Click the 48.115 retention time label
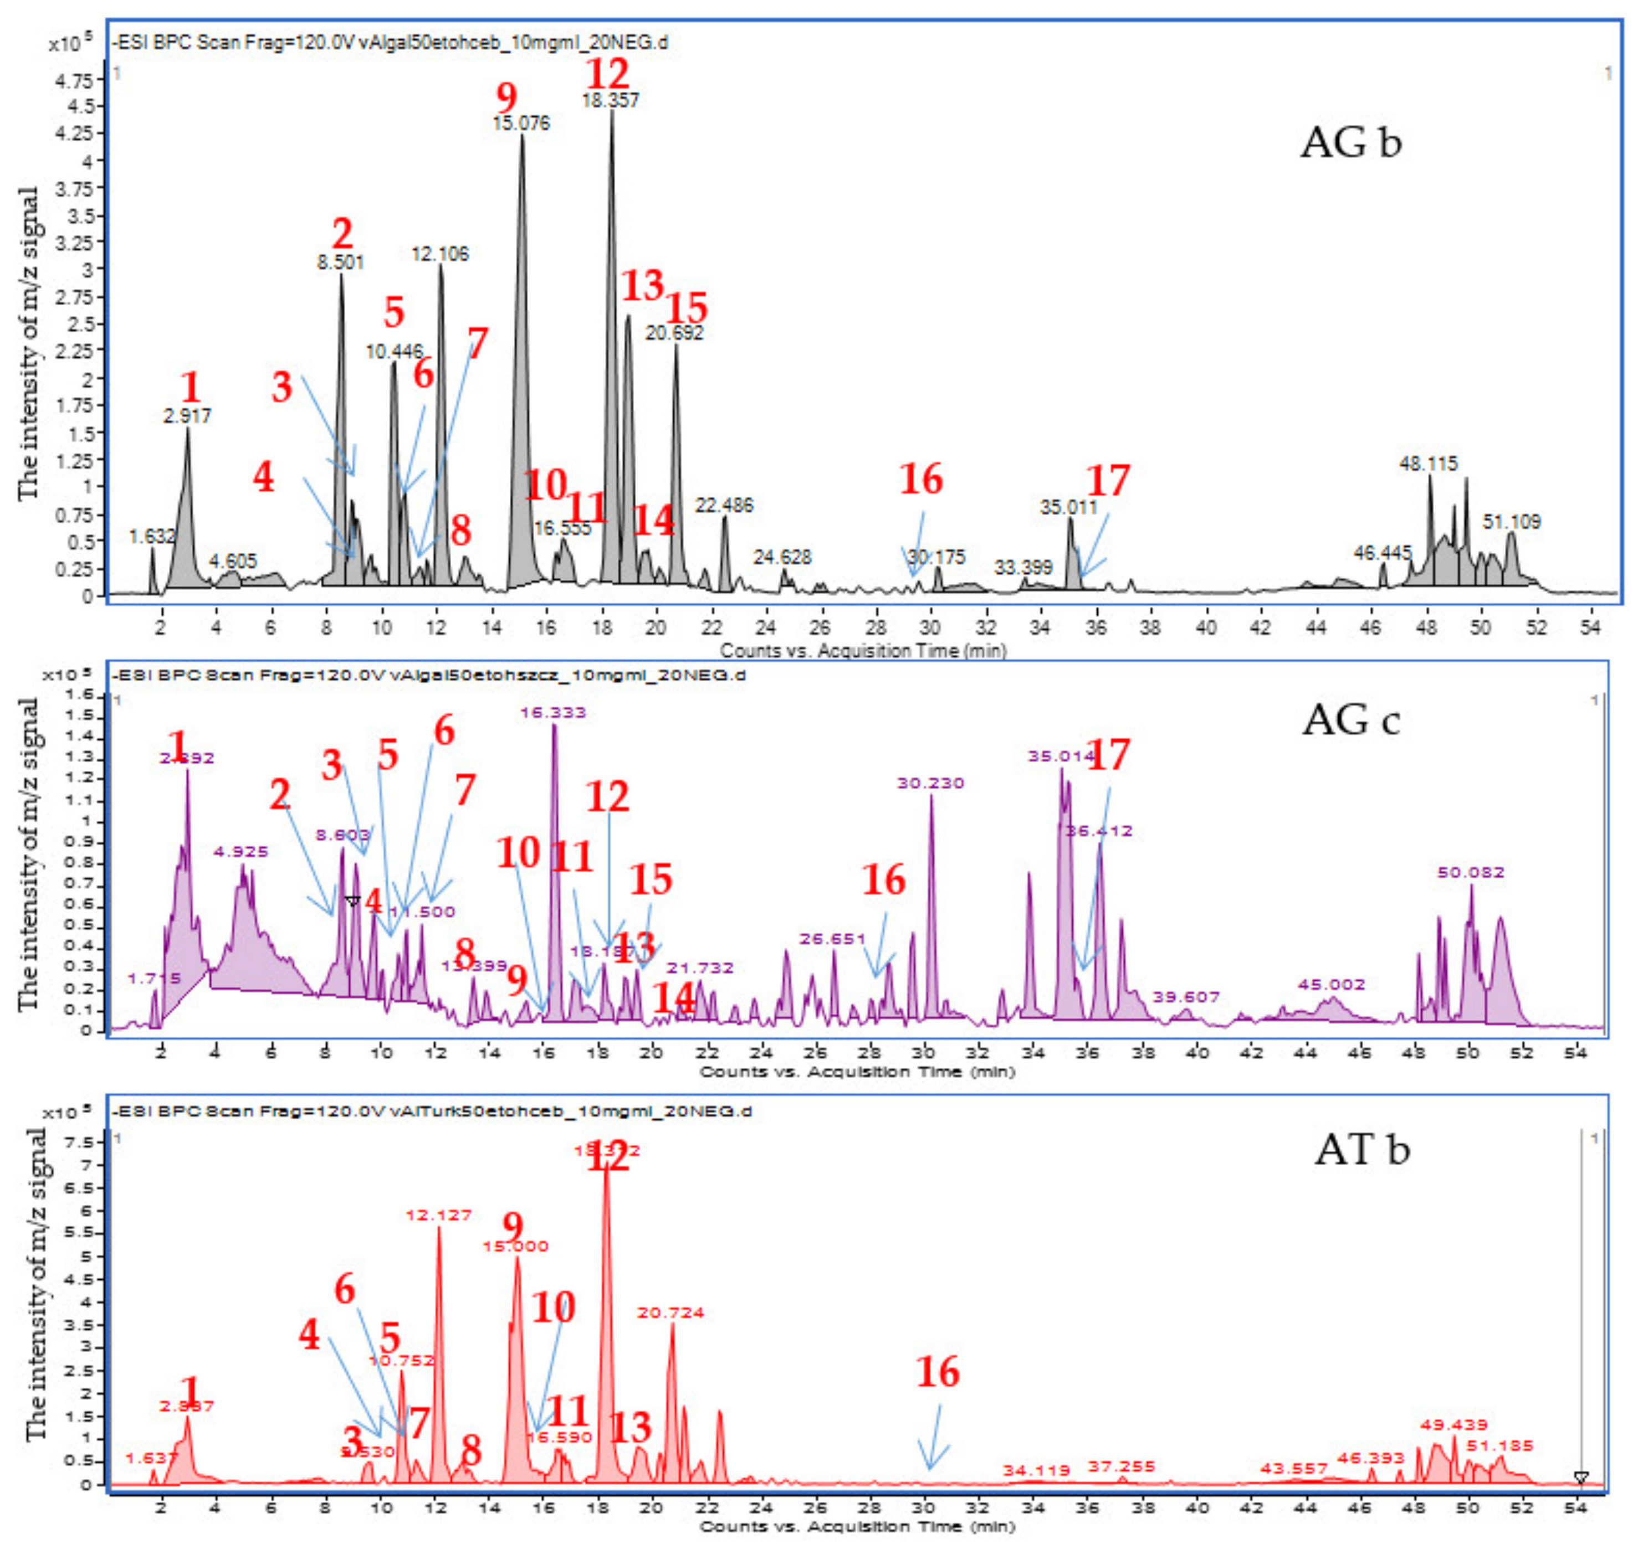pos(1428,464)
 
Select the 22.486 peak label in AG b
pos(724,506)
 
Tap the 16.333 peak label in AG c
pos(553,712)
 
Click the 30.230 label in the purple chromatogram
pos(930,783)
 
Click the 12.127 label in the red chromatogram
pos(439,1215)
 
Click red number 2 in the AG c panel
pos(280,795)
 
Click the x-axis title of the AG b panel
pos(862,651)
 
